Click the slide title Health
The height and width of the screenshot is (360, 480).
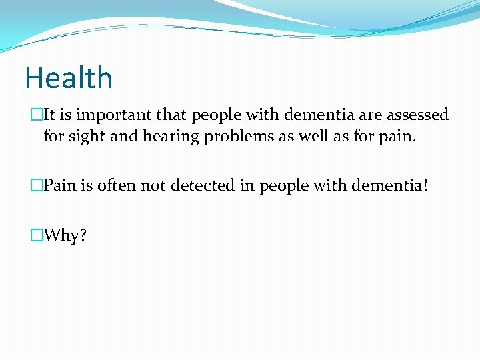(69, 78)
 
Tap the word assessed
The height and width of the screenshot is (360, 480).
(417, 115)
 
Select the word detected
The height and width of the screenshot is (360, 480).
(199, 186)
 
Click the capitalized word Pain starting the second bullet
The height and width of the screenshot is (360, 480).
(60, 186)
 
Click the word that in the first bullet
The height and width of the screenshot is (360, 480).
(173, 115)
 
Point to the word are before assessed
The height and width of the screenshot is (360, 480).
(371, 115)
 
